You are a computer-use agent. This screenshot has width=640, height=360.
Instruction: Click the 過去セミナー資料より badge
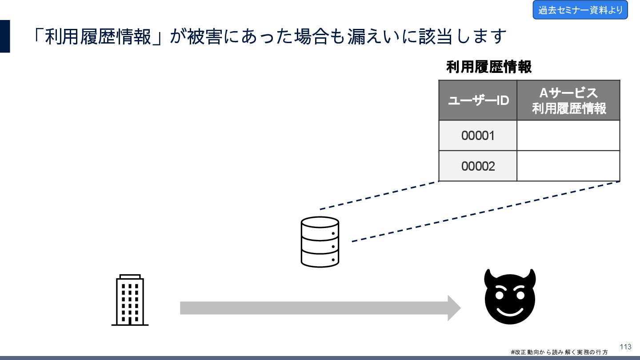coord(580,10)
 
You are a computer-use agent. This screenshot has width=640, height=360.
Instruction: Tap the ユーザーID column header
coord(478,100)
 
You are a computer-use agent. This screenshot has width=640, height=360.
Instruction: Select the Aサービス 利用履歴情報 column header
coord(568,100)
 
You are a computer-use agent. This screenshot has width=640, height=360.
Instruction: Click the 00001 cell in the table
coord(478,136)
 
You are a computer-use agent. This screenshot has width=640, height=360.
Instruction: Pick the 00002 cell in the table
coord(478,166)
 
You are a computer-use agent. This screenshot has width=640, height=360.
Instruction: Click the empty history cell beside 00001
coord(568,136)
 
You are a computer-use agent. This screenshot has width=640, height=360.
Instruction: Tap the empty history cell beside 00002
coord(568,166)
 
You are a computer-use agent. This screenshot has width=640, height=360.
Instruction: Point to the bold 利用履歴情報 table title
coord(489,68)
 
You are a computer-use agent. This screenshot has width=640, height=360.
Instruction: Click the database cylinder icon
coord(320,242)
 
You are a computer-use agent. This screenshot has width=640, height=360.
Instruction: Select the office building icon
coord(130,300)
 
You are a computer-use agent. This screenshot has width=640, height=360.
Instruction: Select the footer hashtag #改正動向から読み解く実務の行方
coord(559,352)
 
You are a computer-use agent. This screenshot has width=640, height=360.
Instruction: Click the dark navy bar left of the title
coord(5,36)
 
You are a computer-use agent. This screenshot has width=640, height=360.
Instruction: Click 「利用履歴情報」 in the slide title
coord(99,36)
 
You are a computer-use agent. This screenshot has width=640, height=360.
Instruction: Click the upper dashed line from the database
coord(379,196)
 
